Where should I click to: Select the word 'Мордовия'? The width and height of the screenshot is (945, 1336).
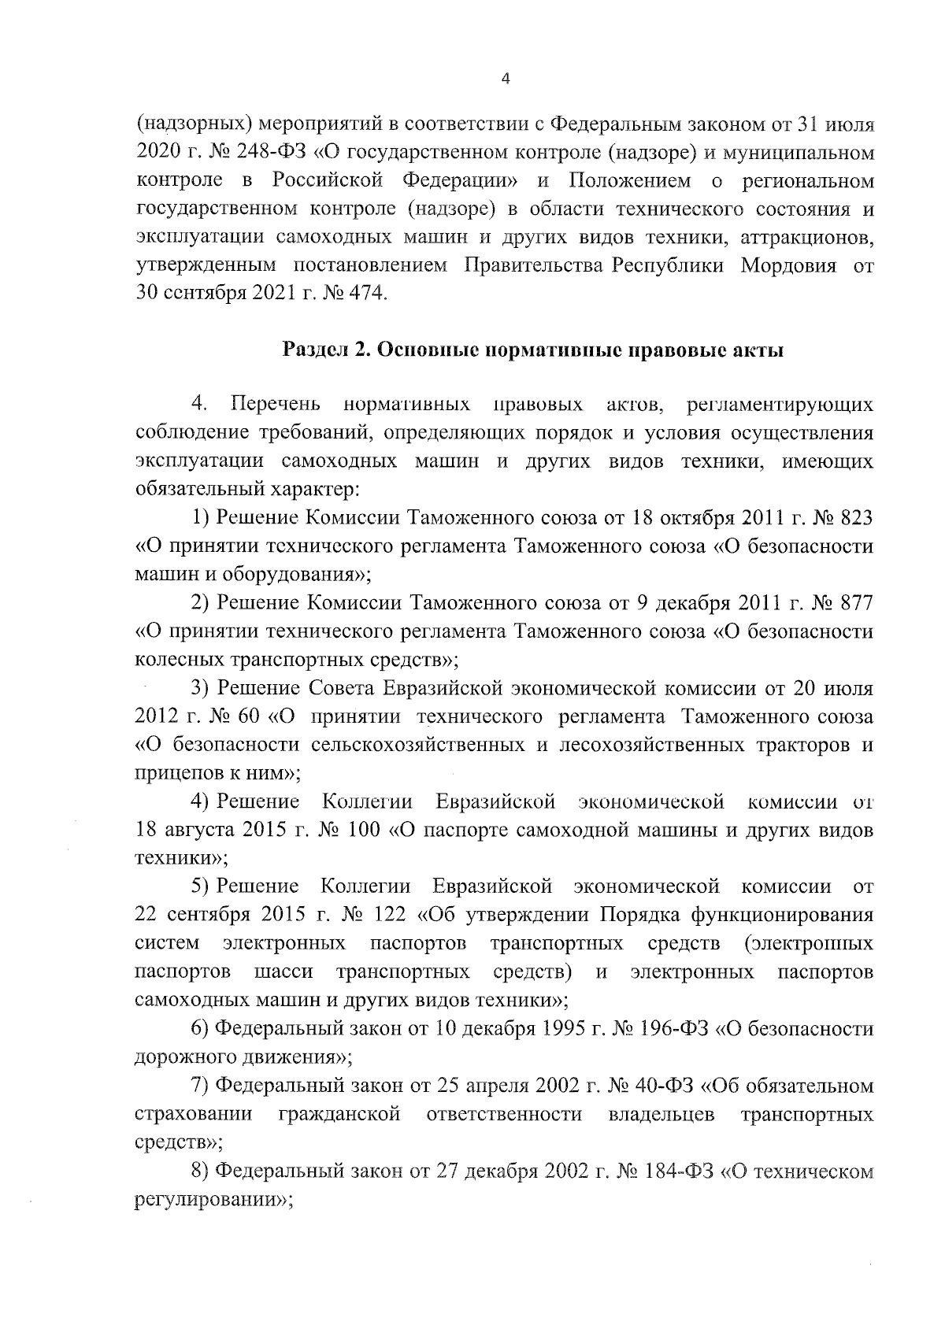coord(788,265)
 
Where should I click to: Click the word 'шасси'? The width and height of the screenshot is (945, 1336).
coord(283,972)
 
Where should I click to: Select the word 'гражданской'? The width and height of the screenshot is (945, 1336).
coord(339,1115)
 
